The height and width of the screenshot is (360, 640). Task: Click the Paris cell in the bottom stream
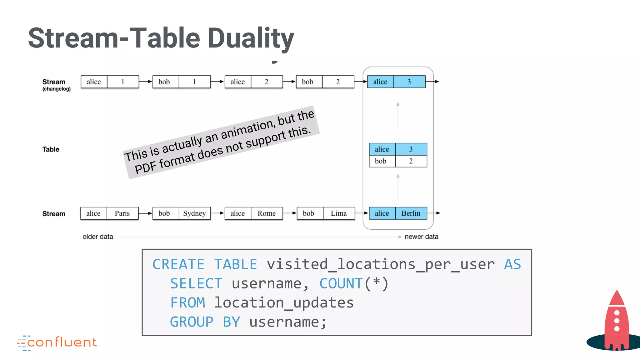tap(122, 213)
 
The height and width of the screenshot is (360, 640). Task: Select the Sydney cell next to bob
tap(194, 213)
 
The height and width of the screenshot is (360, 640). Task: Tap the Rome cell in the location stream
tap(267, 213)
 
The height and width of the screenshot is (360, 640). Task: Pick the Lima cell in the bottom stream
tap(339, 213)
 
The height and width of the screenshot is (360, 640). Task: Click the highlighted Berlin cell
tap(411, 213)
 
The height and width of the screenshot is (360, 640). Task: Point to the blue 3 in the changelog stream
tap(409, 82)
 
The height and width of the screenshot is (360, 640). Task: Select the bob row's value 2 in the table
tap(411, 161)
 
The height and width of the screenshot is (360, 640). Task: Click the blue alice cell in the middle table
tap(382, 149)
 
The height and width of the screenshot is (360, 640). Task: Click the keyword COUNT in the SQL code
tap(341, 284)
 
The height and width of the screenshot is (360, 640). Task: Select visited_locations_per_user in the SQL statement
tap(381, 264)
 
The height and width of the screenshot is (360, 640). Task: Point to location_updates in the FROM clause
tap(284, 303)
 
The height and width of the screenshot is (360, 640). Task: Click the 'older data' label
tap(98, 237)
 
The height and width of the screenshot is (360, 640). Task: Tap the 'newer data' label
tap(421, 237)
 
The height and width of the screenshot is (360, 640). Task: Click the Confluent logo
tap(57, 342)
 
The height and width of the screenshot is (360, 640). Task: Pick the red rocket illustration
tap(616, 322)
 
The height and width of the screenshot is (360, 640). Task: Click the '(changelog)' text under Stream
tap(57, 89)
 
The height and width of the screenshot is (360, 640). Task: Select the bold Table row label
tap(51, 149)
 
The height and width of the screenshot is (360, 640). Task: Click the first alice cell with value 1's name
tap(94, 82)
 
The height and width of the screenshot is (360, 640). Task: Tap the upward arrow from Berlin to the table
tap(398, 187)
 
